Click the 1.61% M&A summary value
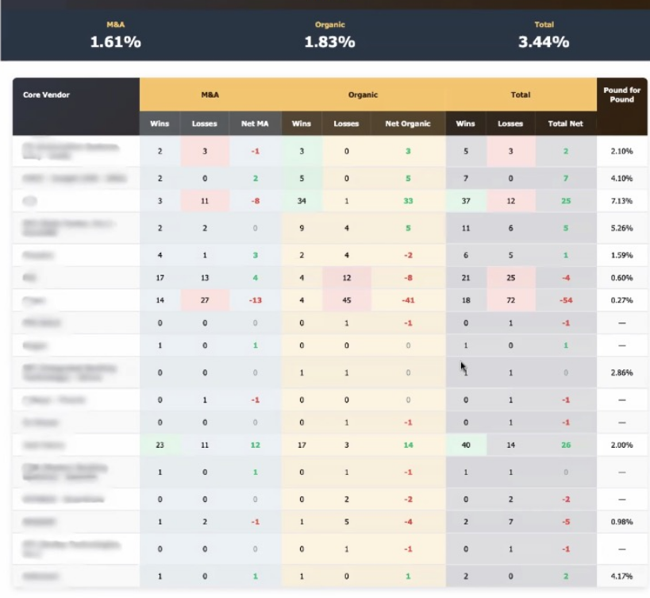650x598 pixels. pyautogui.click(x=115, y=42)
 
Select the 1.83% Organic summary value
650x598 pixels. pyautogui.click(x=329, y=42)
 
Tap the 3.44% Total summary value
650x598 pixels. pyautogui.click(x=544, y=42)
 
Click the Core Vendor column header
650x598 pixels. pyautogui.click(x=46, y=95)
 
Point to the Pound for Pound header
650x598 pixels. pyautogui.click(x=621, y=95)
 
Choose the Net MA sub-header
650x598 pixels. pyautogui.click(x=256, y=124)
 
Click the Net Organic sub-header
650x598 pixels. pyautogui.click(x=408, y=124)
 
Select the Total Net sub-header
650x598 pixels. pyautogui.click(x=565, y=124)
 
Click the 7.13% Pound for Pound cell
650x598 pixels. pyautogui.click(x=621, y=201)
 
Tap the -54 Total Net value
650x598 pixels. pyautogui.click(x=566, y=301)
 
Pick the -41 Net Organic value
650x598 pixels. pyautogui.click(x=408, y=301)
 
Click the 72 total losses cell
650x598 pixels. pyautogui.click(x=510, y=301)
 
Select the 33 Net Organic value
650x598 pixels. pyautogui.click(x=408, y=201)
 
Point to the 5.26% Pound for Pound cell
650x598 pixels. pyautogui.click(x=621, y=228)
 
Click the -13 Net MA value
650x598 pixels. pyautogui.click(x=256, y=301)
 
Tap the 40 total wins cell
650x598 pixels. pyautogui.click(x=466, y=445)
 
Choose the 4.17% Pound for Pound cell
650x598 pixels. pyautogui.click(x=621, y=575)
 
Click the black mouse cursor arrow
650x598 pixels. pyautogui.click(x=463, y=367)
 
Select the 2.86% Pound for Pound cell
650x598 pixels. pyautogui.click(x=621, y=372)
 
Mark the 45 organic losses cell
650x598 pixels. pyautogui.click(x=346, y=301)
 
